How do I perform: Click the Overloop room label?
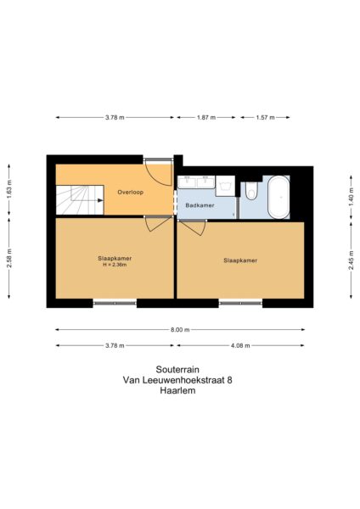click(x=130, y=193)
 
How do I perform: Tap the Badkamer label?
click(x=200, y=205)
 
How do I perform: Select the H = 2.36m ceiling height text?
click(x=113, y=265)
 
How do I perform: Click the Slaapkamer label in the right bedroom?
click(x=240, y=260)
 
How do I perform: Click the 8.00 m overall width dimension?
click(x=180, y=329)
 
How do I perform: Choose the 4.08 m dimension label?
click(x=240, y=345)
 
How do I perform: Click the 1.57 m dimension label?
click(x=265, y=117)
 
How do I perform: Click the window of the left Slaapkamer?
click(x=113, y=303)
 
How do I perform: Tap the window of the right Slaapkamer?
click(x=240, y=303)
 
